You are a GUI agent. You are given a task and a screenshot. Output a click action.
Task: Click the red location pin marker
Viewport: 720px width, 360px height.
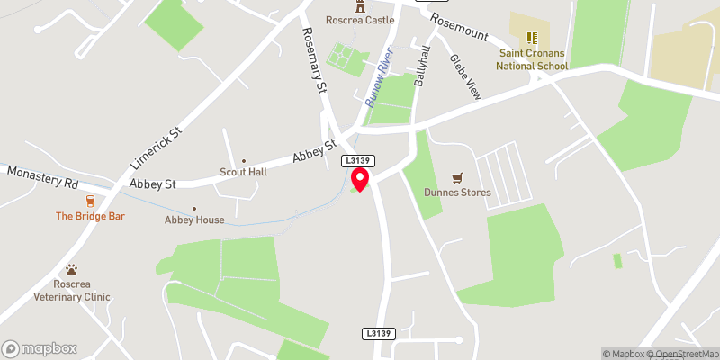tap(360, 178)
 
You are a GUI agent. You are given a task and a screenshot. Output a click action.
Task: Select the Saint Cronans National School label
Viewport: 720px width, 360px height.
tap(534, 59)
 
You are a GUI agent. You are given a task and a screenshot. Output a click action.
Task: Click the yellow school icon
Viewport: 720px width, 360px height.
tap(532, 38)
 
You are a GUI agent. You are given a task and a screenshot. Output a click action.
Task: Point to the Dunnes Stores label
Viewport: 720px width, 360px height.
tap(458, 193)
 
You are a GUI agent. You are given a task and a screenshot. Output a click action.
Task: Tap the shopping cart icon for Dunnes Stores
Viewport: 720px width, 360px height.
tap(457, 177)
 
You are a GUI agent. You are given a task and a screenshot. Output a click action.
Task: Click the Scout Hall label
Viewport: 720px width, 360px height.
tap(243, 172)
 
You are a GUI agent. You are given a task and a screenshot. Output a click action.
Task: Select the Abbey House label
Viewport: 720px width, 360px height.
tap(194, 220)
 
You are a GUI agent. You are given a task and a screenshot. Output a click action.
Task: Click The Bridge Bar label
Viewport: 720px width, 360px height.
tap(90, 216)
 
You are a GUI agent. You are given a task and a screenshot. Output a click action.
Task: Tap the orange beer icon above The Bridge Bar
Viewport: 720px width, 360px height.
tap(90, 200)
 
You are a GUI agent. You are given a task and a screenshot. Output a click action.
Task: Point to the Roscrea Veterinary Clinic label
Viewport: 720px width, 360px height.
tap(72, 291)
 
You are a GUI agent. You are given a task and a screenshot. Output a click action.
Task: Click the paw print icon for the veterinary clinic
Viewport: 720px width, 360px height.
tap(72, 270)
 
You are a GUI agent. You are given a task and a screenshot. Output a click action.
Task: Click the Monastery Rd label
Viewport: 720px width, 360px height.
tap(43, 175)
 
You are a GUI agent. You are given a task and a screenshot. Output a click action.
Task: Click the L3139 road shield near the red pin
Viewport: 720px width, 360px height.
tap(355, 160)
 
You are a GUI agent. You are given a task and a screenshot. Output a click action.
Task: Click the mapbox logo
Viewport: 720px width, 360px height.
tap(40, 348)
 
